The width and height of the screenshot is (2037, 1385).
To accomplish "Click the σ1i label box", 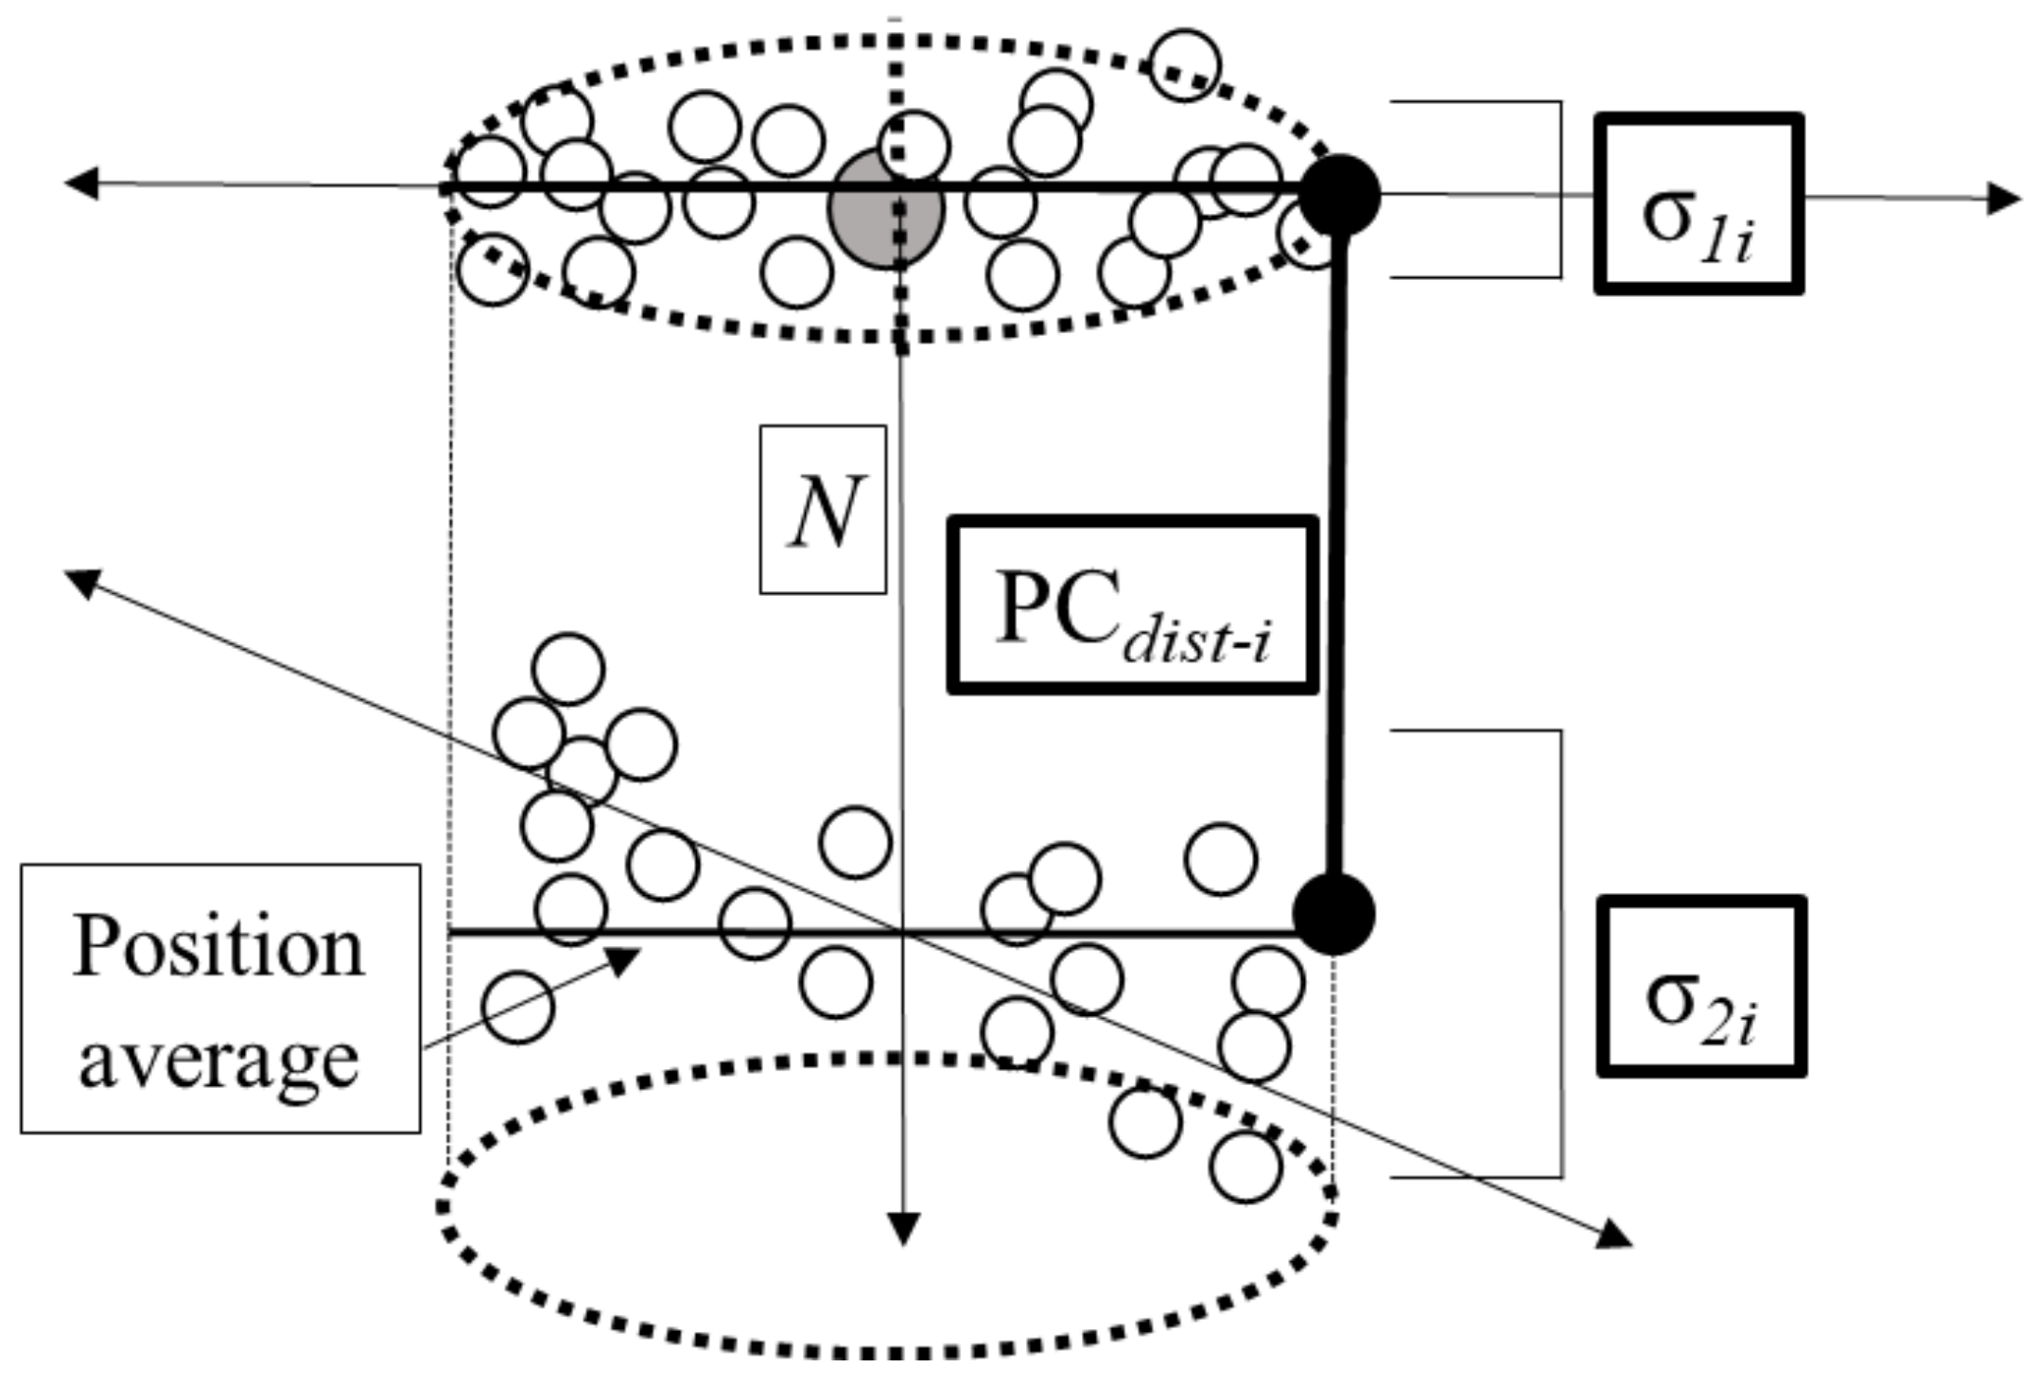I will tap(1698, 203).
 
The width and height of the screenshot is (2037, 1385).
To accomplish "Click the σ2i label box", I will tap(1700, 987).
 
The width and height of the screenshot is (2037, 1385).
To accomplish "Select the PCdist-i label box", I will tap(1132, 605).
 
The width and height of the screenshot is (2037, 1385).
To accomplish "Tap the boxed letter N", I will tap(823, 510).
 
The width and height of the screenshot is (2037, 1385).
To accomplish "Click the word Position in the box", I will tap(218, 947).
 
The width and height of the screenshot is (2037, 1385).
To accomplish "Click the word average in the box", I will tap(218, 1059).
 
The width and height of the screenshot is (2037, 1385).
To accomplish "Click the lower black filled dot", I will tap(1333, 914).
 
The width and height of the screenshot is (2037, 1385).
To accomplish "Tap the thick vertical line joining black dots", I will tap(1337, 558).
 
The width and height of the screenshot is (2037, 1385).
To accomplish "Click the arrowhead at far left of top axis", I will tap(79, 184).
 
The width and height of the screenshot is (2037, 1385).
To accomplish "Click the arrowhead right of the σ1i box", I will tap(2003, 200).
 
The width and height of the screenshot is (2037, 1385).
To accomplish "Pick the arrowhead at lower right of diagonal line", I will tap(1614, 1236).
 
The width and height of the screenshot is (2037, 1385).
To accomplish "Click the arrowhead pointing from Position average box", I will tap(622, 961).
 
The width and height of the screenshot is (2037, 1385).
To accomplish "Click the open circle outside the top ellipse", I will tap(1185, 64).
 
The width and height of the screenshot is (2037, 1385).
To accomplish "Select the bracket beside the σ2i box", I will tap(1560, 954).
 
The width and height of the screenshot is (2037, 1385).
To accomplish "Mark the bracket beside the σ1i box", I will tap(1559, 189).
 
